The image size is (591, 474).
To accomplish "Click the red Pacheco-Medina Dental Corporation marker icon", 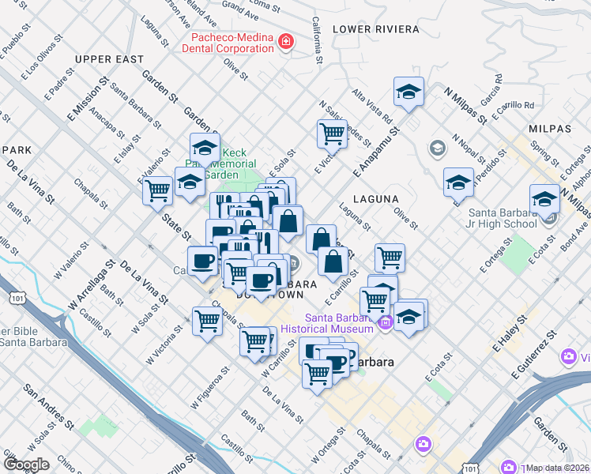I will tap(285, 42).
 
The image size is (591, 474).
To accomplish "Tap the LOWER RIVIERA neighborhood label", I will tap(375, 29).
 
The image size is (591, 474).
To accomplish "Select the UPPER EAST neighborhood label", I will tap(109, 59).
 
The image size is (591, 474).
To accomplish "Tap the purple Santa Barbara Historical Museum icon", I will tap(385, 322).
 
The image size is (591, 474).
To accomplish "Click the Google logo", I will tap(26, 464).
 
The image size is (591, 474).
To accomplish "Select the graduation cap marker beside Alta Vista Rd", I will tap(408, 92).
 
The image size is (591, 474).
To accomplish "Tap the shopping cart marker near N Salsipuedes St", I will tap(332, 133).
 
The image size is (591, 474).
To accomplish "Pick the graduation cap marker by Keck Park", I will tap(204, 147).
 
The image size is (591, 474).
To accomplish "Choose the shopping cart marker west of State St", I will tap(157, 190).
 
